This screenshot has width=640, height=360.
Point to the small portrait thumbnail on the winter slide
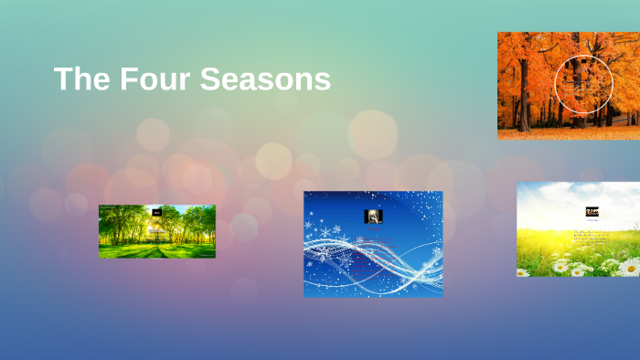[373, 216]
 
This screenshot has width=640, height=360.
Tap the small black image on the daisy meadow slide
[592, 211]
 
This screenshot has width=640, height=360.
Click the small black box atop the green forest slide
[157, 212]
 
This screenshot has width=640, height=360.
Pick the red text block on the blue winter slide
[370, 256]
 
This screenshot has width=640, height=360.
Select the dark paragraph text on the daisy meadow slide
[593, 238]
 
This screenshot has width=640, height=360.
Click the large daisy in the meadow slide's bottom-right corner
[629, 267]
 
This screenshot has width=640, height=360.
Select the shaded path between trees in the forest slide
[157, 249]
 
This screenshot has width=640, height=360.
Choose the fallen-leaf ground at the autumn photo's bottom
[567, 133]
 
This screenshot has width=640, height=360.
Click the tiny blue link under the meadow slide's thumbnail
[592, 219]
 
